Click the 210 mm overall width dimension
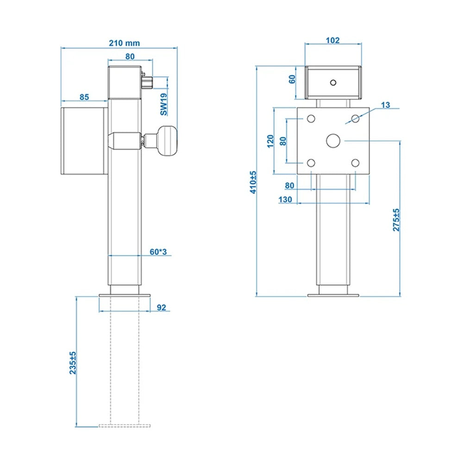coord(124,43)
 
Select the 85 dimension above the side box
coord(84,97)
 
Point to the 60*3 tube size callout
coord(158,251)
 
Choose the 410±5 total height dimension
coord(252,181)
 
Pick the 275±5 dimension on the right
coord(396,220)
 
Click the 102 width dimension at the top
coord(332,40)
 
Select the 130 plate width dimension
coord(285,200)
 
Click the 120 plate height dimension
coord(270,141)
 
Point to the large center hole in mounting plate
coord(333,140)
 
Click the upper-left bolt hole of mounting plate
coord(311,119)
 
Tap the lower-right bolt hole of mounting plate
coord(355,163)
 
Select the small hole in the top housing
coord(333,82)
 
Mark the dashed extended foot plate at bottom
coord(125,425)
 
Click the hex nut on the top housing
coord(149,82)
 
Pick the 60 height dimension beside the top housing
coord(292,79)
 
